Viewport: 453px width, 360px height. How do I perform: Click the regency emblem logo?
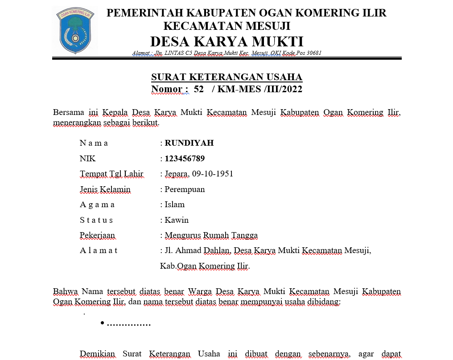point(74,30)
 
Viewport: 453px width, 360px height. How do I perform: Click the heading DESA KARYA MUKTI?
point(226,41)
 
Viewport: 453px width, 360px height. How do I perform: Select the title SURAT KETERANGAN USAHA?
point(226,77)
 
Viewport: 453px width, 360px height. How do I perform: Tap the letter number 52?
point(199,89)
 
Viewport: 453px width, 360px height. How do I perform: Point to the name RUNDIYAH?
point(189,143)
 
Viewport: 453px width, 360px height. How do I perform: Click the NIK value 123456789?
point(185,159)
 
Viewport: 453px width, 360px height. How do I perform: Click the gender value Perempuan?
point(185,189)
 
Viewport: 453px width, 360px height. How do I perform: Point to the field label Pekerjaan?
point(97,235)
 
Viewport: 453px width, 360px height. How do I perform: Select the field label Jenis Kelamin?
point(105,189)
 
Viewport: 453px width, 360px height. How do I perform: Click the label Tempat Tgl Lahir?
point(111,174)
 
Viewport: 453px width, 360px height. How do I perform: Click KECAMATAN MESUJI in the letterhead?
point(227,26)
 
